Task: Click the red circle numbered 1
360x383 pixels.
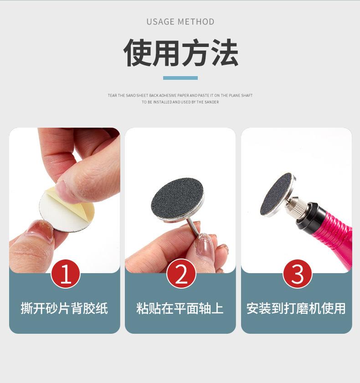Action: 66,274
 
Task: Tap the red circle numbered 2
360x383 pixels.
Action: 181,274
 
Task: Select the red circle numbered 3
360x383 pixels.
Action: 297,274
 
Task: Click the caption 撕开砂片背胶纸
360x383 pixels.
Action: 64,309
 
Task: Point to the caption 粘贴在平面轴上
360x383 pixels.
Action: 180,309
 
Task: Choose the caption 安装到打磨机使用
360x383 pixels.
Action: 296,309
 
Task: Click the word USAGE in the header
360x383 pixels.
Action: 160,21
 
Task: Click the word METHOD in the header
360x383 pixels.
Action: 196,21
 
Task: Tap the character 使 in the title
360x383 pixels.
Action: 137,53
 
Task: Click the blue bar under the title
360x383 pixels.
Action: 180,78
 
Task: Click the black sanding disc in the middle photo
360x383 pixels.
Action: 177,198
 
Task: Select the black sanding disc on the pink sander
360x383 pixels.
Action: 276,194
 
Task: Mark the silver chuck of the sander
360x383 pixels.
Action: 293,207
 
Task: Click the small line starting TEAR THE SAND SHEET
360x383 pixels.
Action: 180,95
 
